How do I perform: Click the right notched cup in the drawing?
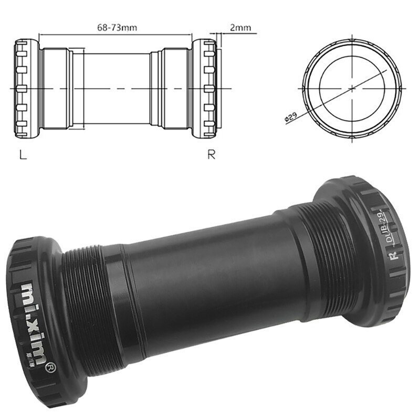(204, 88)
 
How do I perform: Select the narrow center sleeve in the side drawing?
(117, 88)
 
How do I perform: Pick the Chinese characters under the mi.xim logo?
(38, 356)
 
